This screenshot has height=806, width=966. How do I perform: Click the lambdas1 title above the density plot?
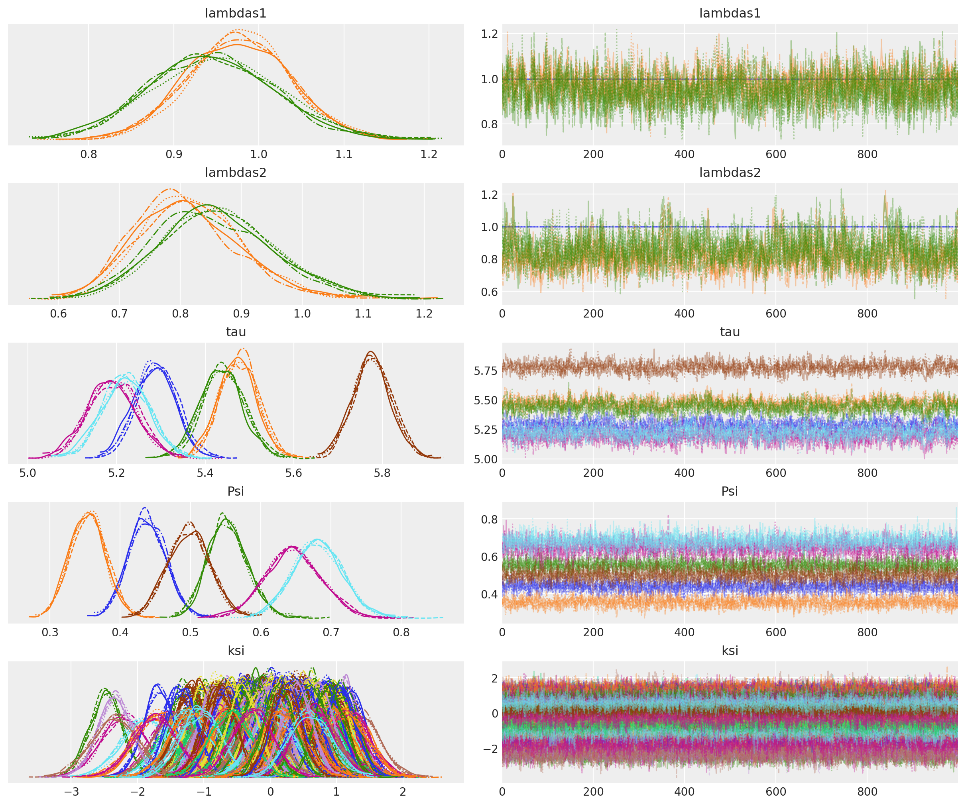tap(236, 13)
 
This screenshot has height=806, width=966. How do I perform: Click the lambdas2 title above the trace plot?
tap(730, 173)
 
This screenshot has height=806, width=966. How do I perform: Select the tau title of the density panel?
tap(236, 332)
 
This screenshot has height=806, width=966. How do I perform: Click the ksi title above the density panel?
tap(236, 651)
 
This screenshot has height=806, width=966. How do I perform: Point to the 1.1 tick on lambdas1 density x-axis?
tap(344, 155)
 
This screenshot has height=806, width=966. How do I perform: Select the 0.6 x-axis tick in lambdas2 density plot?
tap(58, 314)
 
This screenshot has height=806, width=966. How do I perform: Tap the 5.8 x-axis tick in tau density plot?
tap(382, 473)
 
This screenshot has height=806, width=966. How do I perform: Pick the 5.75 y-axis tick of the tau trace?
tap(485, 371)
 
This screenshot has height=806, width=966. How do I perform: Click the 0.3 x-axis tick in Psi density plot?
tap(50, 632)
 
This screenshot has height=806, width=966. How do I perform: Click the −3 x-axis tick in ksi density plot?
tap(71, 792)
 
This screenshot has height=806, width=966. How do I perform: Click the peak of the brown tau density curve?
tap(371, 352)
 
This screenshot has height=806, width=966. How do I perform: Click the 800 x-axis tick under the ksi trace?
tap(867, 792)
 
